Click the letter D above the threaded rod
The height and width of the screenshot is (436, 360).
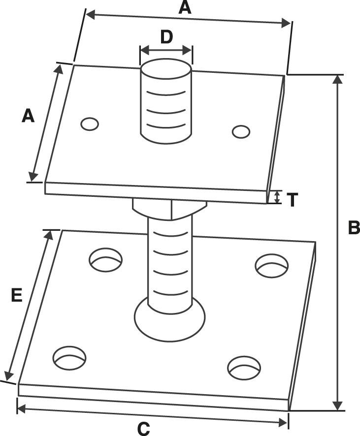[166, 37]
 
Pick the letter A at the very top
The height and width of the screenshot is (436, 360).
[184, 7]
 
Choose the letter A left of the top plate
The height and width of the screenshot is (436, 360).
[28, 116]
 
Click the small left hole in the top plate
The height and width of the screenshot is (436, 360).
[90, 124]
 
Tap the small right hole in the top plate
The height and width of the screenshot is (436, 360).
[241, 131]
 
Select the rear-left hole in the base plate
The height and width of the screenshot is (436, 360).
[105, 260]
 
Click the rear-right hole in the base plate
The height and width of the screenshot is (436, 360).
[271, 265]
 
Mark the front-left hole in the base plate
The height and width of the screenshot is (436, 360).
[69, 358]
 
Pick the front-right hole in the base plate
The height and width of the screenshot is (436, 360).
[244, 368]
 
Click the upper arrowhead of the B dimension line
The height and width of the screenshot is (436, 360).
[337, 80]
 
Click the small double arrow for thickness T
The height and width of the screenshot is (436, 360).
[277, 197]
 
